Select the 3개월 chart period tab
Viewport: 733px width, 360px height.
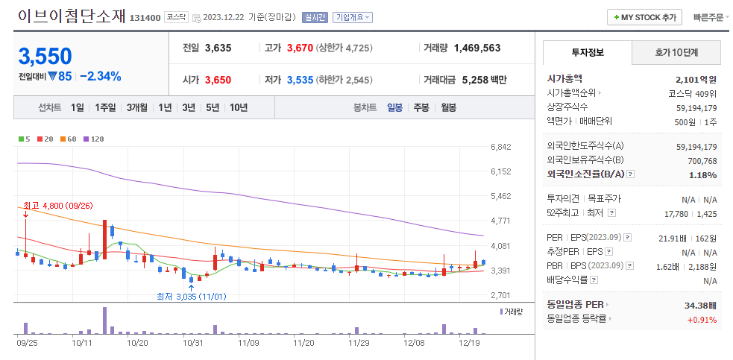click(x=137, y=107)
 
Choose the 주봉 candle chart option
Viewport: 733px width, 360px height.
click(x=421, y=107)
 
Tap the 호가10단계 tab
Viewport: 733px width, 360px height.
click(x=676, y=52)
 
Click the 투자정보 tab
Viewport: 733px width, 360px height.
click(x=588, y=52)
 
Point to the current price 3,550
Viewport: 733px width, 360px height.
click(x=45, y=57)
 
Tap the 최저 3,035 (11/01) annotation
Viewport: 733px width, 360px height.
click(x=191, y=297)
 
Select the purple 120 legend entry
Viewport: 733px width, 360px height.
click(x=94, y=139)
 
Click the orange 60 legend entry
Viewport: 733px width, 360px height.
click(x=69, y=139)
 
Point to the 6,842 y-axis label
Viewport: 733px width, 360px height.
click(x=501, y=147)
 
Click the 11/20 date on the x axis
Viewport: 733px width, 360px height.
click(x=303, y=343)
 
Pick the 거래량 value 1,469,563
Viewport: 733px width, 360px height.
click(x=476, y=48)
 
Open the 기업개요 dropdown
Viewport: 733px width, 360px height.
click(x=353, y=17)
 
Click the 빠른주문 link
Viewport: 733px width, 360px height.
click(x=708, y=17)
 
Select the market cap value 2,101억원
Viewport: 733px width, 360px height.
click(x=696, y=79)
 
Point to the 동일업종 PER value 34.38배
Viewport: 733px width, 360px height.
click(x=701, y=305)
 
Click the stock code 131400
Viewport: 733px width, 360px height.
click(x=145, y=18)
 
